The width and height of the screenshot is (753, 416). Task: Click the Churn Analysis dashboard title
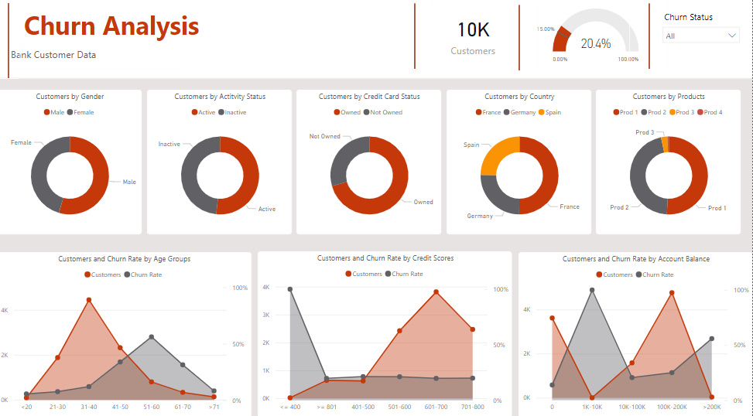pyautogui.click(x=111, y=26)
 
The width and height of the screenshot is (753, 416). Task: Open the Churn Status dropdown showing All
pyautogui.click(x=701, y=36)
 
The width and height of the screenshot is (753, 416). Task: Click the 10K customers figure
pyautogui.click(x=473, y=29)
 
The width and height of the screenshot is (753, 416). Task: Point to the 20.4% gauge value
pyautogui.click(x=595, y=44)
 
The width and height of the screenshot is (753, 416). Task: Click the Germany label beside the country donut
pyautogui.click(x=479, y=216)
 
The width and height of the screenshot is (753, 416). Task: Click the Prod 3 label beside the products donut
pyautogui.click(x=645, y=132)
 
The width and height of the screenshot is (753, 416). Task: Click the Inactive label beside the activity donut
pyautogui.click(x=169, y=144)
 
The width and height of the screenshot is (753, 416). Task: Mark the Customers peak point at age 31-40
pyautogui.click(x=89, y=300)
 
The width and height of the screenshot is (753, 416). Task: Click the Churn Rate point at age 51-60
pyautogui.click(x=152, y=337)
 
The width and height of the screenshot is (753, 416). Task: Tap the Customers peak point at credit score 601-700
pyautogui.click(x=436, y=292)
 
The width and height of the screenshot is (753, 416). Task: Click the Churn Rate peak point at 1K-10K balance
pyautogui.click(x=592, y=290)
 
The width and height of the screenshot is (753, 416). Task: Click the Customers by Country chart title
pyautogui.click(x=519, y=97)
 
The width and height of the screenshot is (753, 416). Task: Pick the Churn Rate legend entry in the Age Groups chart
pyautogui.click(x=144, y=274)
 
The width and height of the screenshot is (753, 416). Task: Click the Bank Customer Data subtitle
pyautogui.click(x=53, y=55)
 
